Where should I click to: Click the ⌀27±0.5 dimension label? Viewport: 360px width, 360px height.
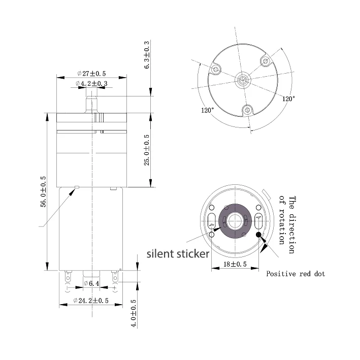coord(91,74)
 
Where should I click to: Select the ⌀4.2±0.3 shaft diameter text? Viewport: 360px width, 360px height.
coord(91,83)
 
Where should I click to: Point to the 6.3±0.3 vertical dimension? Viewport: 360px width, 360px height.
coord(147,55)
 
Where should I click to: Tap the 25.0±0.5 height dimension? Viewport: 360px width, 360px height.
coord(147,150)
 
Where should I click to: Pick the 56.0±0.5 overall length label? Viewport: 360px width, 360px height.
coord(43,192)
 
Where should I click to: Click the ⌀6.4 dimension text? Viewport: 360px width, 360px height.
coord(91,283)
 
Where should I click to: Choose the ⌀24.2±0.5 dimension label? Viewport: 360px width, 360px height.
coord(91,301)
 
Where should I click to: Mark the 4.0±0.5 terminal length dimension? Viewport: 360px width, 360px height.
coord(134,313)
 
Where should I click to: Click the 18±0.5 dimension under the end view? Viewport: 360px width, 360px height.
coord(235,264)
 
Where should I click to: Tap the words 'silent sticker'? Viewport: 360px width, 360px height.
coord(178,254)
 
